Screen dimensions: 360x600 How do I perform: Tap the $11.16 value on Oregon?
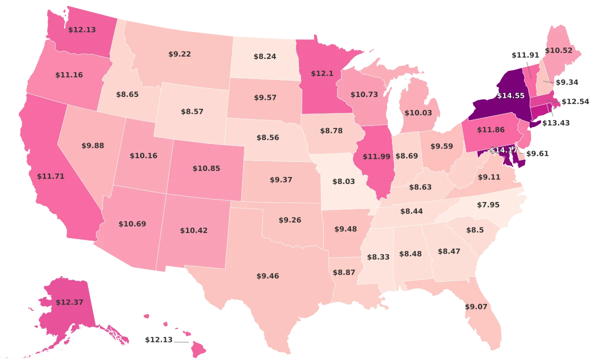(x=69, y=75)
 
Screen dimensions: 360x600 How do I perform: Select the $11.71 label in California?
(x=50, y=176)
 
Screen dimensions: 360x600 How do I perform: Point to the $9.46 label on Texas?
(x=267, y=276)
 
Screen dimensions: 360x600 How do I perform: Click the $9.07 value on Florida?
(x=475, y=306)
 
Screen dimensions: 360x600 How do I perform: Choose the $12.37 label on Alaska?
(x=69, y=302)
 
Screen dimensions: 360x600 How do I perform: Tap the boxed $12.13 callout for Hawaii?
(x=158, y=340)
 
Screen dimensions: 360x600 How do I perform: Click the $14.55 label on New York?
(x=509, y=94)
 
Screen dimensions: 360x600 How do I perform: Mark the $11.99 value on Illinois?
(x=373, y=157)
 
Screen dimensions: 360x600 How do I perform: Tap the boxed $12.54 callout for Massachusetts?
(x=575, y=101)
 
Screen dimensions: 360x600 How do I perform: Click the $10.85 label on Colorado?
(x=206, y=169)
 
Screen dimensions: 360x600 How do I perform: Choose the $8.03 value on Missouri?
(x=344, y=182)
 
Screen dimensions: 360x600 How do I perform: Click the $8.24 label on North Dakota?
(x=264, y=57)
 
